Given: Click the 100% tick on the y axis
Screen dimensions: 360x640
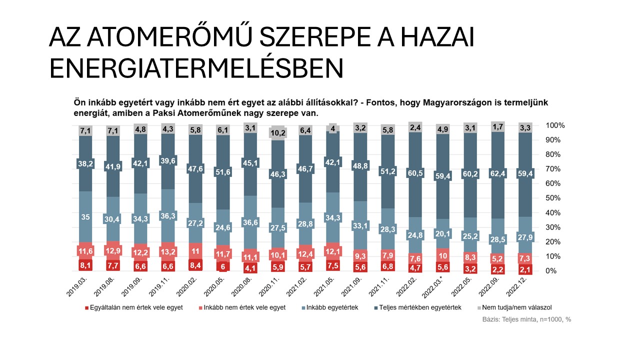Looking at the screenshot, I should (554, 125).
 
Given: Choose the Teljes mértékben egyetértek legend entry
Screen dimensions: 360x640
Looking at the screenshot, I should (420, 307).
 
